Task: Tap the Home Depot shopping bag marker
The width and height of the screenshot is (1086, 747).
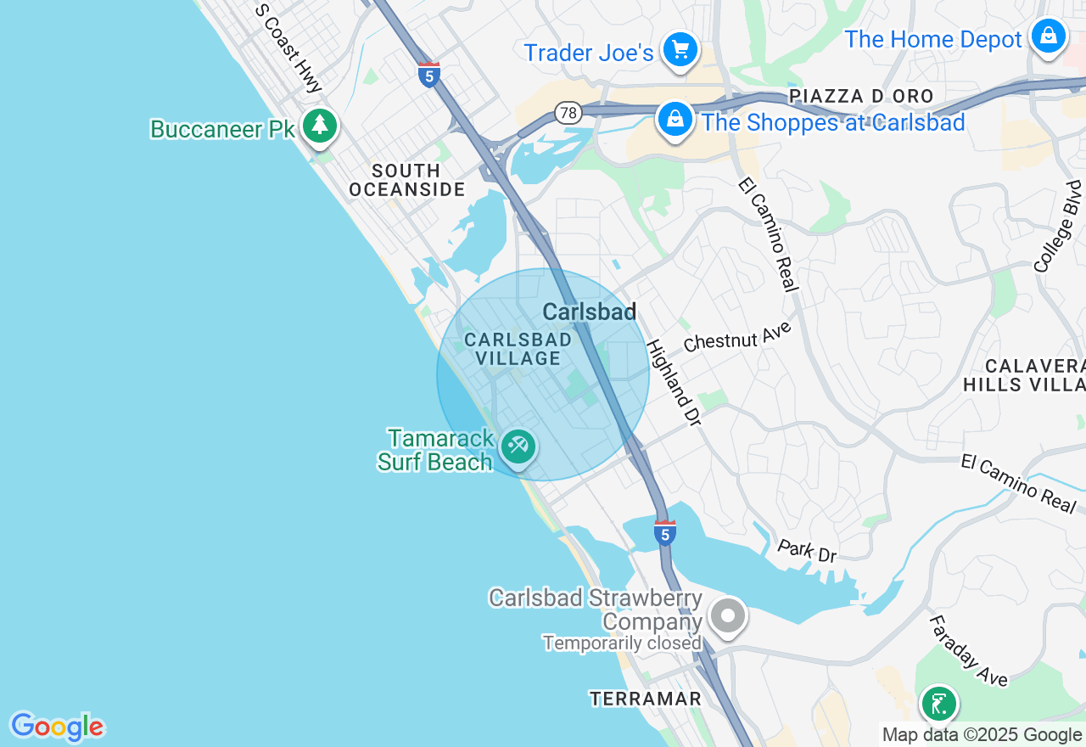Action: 1048,37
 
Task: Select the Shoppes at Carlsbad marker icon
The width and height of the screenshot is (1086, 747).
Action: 675,120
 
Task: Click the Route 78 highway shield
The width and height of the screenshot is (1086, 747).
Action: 568,112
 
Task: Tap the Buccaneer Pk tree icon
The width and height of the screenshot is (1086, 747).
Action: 320,126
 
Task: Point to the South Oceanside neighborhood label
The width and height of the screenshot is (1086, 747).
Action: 407,180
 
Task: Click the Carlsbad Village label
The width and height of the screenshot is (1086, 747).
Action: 518,349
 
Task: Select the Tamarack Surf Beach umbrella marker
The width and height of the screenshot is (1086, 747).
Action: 517,446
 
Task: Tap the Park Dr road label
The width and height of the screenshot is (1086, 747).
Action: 807,550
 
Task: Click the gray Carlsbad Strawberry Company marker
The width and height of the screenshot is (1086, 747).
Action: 727,615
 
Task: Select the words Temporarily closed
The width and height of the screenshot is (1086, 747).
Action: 622,643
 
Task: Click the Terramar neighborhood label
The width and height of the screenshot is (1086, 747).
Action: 646,699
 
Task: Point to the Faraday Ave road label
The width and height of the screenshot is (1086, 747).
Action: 967,650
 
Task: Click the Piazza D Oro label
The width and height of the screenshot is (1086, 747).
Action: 860,96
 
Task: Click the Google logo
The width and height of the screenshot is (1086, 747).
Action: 57,727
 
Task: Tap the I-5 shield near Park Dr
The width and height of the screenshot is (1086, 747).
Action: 665,533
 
